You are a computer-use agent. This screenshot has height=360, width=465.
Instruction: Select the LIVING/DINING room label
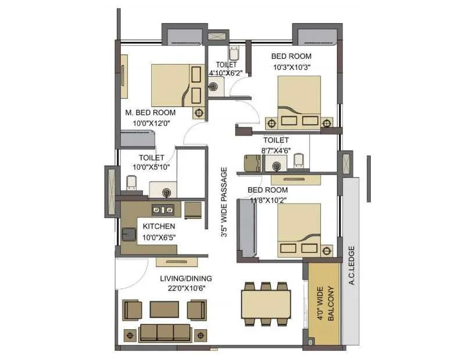click(x=186, y=278)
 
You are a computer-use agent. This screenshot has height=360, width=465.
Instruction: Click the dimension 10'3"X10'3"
click(x=291, y=67)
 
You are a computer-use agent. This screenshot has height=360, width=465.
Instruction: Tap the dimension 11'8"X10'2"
click(x=267, y=200)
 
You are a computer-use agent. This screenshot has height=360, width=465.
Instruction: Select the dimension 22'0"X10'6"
click(x=186, y=288)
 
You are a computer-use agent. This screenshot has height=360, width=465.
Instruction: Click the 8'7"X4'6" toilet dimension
click(x=276, y=150)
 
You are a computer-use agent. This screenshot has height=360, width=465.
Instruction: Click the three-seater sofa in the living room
click(x=165, y=333)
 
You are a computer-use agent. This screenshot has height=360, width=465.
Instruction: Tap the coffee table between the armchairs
click(x=164, y=309)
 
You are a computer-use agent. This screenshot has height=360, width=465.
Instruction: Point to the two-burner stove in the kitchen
click(x=163, y=209)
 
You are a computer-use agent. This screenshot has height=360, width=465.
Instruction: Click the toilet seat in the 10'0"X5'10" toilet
click(x=131, y=184)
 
